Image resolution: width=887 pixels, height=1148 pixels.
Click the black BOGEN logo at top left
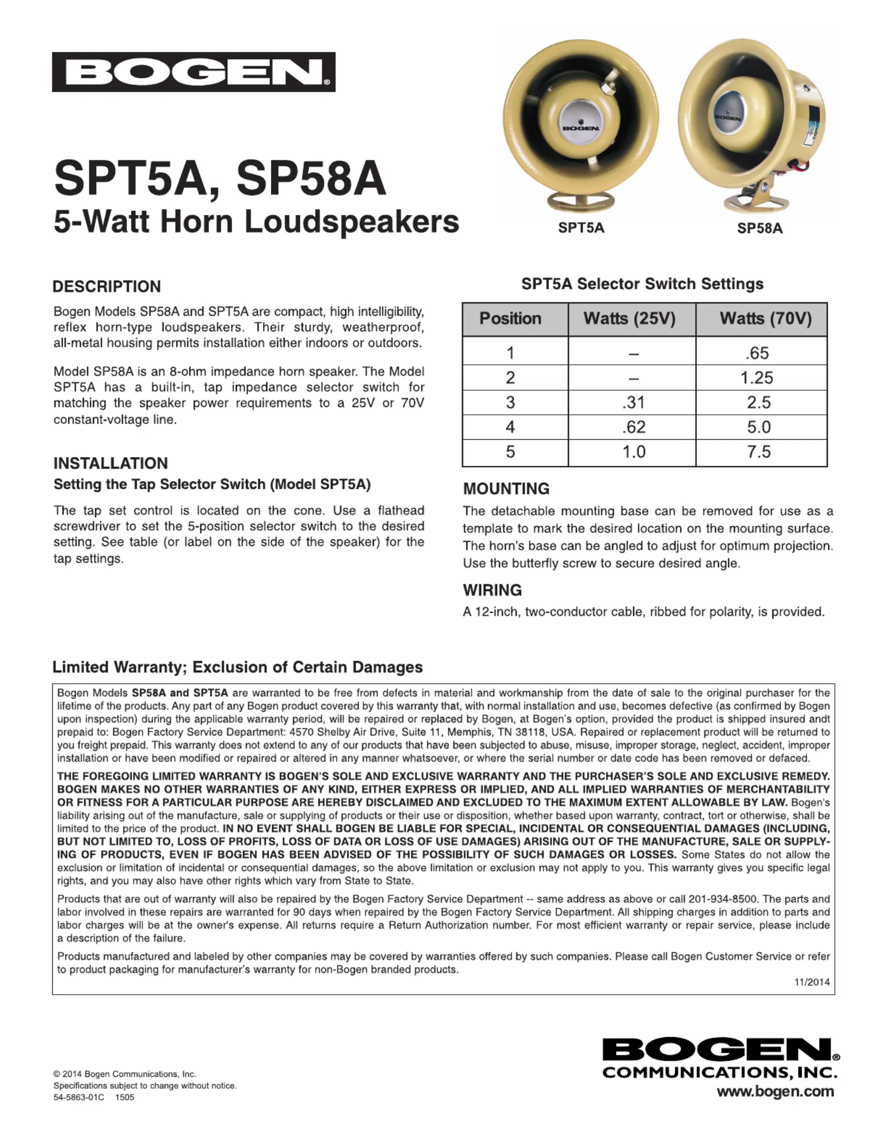193,72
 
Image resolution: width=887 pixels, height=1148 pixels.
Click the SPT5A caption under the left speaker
580,228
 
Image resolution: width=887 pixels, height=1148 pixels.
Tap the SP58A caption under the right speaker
759,228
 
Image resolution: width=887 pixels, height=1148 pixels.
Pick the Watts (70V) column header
765,319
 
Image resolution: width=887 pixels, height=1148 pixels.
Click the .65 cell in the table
758,353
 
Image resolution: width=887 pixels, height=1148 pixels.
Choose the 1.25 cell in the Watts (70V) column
757,378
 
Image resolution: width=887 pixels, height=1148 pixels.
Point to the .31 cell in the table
633,402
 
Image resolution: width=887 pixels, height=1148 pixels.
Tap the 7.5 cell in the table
759,452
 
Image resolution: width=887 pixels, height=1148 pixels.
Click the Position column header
510,319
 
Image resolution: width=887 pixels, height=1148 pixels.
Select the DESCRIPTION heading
107,286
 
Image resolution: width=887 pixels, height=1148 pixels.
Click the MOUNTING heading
506,489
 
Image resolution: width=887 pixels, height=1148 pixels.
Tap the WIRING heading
492,590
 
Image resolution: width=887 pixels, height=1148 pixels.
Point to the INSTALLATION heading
110,463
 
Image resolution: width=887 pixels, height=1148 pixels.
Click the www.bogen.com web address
775,1091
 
